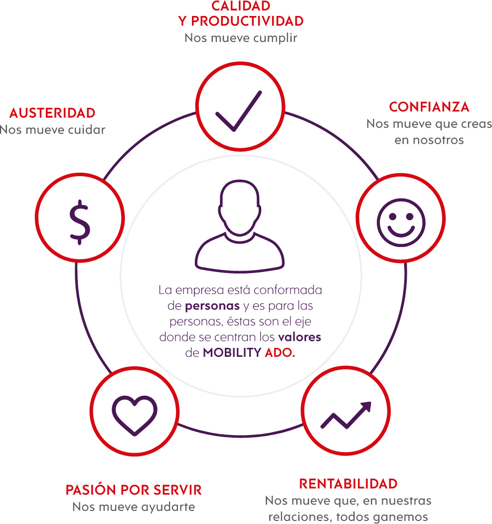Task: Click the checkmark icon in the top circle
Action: point(239,111)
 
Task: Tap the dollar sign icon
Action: point(80,222)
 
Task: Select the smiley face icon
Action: point(401,223)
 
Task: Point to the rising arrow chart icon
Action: point(346,415)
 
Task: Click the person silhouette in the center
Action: point(240,226)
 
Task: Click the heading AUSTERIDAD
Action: point(52,113)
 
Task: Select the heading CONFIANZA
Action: point(429,107)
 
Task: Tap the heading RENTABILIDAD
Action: point(348,484)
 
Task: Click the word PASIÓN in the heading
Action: point(91,490)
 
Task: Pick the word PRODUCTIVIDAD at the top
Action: point(247,21)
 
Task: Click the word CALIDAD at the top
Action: point(241,6)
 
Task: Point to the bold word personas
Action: point(212,306)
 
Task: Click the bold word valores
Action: point(300,337)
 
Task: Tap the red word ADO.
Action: point(280,352)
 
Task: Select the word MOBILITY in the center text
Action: point(232,352)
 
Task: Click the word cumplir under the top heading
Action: point(275,38)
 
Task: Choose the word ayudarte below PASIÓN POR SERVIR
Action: point(168,508)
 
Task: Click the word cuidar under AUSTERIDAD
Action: point(86,130)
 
